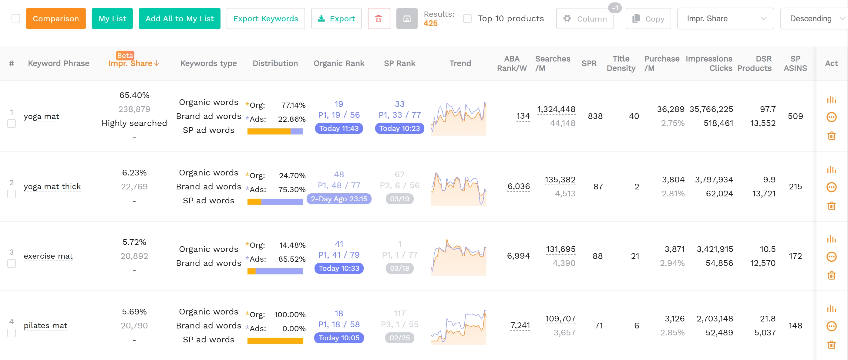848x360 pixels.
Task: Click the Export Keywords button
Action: (x=265, y=19)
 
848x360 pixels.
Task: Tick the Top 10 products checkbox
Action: (x=467, y=19)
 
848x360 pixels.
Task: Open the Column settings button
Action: (x=585, y=19)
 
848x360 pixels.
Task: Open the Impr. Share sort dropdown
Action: (x=725, y=19)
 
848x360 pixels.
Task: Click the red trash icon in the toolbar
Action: (x=379, y=19)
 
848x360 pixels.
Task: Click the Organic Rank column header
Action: (x=339, y=63)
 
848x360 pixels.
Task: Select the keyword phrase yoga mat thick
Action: (x=52, y=186)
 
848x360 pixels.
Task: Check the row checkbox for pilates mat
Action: (x=12, y=333)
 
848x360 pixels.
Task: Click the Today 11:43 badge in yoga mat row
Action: (x=339, y=128)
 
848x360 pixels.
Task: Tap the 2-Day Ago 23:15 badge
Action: (x=339, y=199)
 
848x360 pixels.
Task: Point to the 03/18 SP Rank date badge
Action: (x=399, y=268)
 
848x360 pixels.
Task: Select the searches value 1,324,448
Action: (x=556, y=109)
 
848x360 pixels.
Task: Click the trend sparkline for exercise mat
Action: (x=458, y=257)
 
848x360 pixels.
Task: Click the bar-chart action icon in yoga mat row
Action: (x=831, y=100)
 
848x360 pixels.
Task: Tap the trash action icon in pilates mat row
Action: (x=831, y=345)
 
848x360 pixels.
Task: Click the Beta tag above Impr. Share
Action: (x=125, y=55)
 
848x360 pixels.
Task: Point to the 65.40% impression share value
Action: (x=134, y=95)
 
